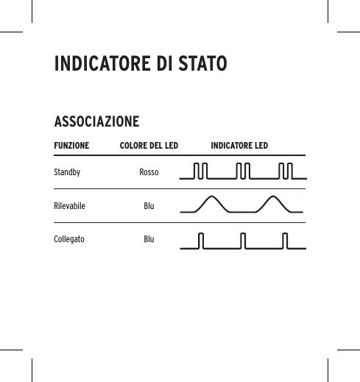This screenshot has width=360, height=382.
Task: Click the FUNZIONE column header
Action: coord(71,146)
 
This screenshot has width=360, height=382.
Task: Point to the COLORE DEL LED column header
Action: coord(149,146)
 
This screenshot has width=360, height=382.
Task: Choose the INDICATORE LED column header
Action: coord(239,146)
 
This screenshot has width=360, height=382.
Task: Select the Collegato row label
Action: coord(69,240)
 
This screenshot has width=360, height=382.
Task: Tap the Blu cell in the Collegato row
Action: coord(149,240)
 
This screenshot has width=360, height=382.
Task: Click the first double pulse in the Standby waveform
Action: coord(201,172)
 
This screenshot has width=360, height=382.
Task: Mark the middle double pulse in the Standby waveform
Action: coord(244,172)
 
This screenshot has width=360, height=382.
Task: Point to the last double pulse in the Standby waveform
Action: coord(287,172)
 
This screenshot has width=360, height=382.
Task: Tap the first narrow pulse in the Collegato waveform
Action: coord(202,241)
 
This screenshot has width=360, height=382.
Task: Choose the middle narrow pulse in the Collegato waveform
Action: coord(244,241)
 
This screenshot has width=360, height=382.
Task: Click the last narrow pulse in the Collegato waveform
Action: coord(286,241)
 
